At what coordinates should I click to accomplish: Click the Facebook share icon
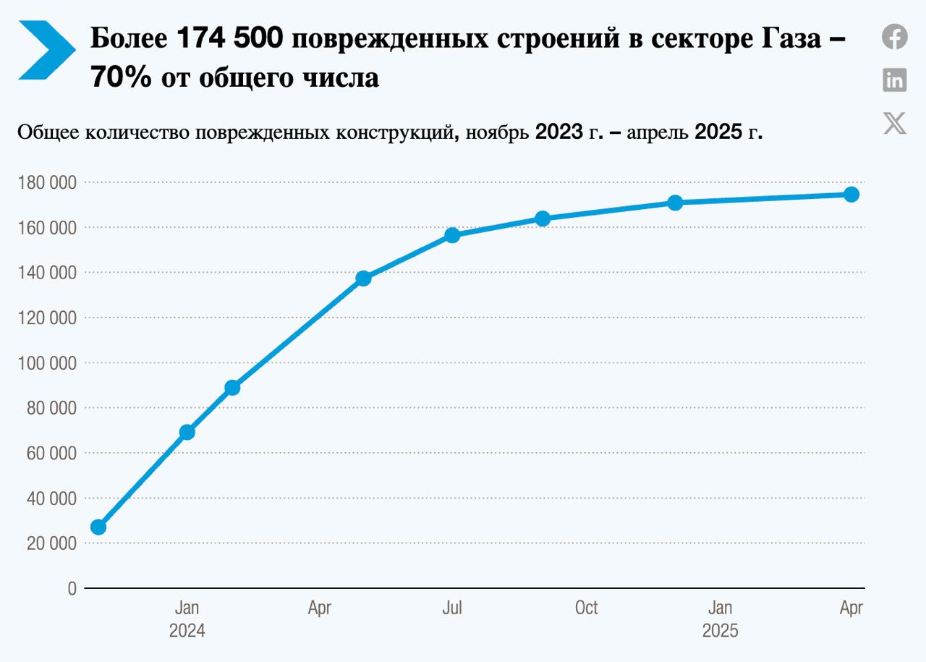895,36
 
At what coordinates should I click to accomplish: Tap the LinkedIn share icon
895,80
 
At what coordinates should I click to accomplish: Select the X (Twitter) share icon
895,123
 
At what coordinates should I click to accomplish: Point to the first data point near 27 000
98,527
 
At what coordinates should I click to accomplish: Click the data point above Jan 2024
187,432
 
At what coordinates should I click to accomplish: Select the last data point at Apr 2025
851,194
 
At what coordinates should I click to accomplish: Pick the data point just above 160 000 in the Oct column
543,218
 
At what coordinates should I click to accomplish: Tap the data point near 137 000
363,278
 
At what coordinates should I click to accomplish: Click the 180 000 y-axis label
46,183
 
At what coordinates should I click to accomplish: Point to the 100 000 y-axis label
46,363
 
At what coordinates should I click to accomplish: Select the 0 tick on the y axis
72,589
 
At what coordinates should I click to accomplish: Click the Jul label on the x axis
452,608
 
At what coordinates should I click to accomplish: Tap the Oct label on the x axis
586,608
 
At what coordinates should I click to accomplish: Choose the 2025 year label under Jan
720,631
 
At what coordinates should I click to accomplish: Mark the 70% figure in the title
121,77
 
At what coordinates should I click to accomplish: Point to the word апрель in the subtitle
658,132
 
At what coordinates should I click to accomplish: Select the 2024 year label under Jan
187,631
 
